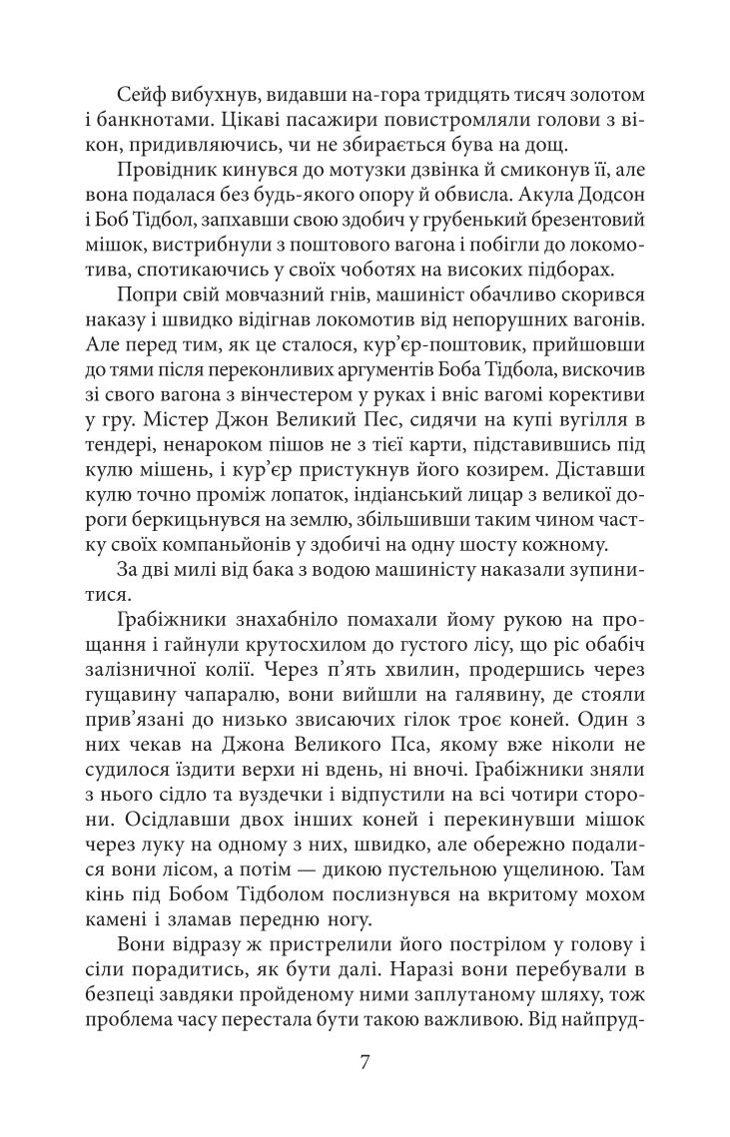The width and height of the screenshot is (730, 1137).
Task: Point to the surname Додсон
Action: click(x=603, y=197)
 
